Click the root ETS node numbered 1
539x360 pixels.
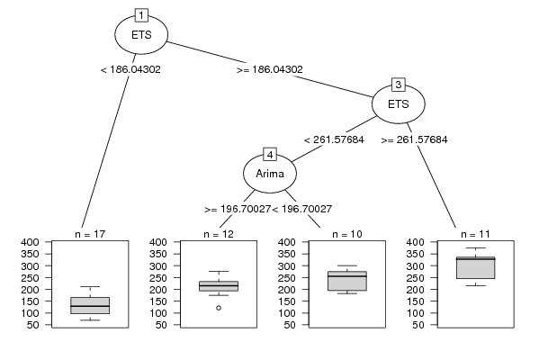(141, 34)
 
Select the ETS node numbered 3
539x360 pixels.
(399, 103)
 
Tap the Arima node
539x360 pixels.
(270, 174)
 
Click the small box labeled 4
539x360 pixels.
(270, 155)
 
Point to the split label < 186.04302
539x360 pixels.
(130, 69)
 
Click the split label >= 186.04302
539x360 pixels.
(270, 69)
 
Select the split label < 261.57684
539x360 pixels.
(334, 139)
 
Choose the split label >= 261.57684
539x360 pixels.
(415, 139)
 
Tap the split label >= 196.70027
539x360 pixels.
(238, 209)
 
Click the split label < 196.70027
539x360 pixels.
(302, 209)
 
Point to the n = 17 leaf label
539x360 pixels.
(90, 234)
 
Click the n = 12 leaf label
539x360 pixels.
(219, 234)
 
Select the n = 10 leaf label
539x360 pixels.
(347, 234)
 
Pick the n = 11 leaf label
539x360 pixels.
(476, 234)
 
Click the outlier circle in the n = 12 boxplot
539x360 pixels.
(219, 308)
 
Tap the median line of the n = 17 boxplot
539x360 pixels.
(90, 306)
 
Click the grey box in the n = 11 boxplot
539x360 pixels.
(476, 267)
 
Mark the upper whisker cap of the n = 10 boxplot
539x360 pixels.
(347, 265)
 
